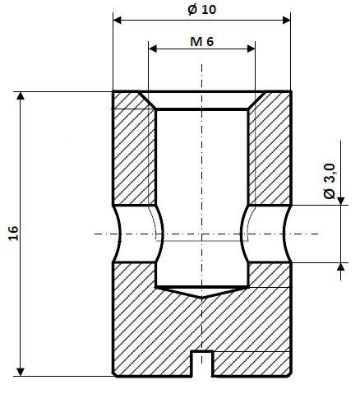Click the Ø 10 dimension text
(201, 9)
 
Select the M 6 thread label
(201, 41)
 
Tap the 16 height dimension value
(12, 233)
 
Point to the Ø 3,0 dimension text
(330, 181)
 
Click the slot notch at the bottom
(201, 362)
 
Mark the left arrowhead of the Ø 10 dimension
(118, 19)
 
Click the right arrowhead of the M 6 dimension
(251, 50)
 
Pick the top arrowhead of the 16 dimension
(22, 96)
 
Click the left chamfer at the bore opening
(147, 99)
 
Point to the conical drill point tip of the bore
(201, 295)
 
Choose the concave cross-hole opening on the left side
(118, 234)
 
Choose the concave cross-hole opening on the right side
(285, 234)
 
